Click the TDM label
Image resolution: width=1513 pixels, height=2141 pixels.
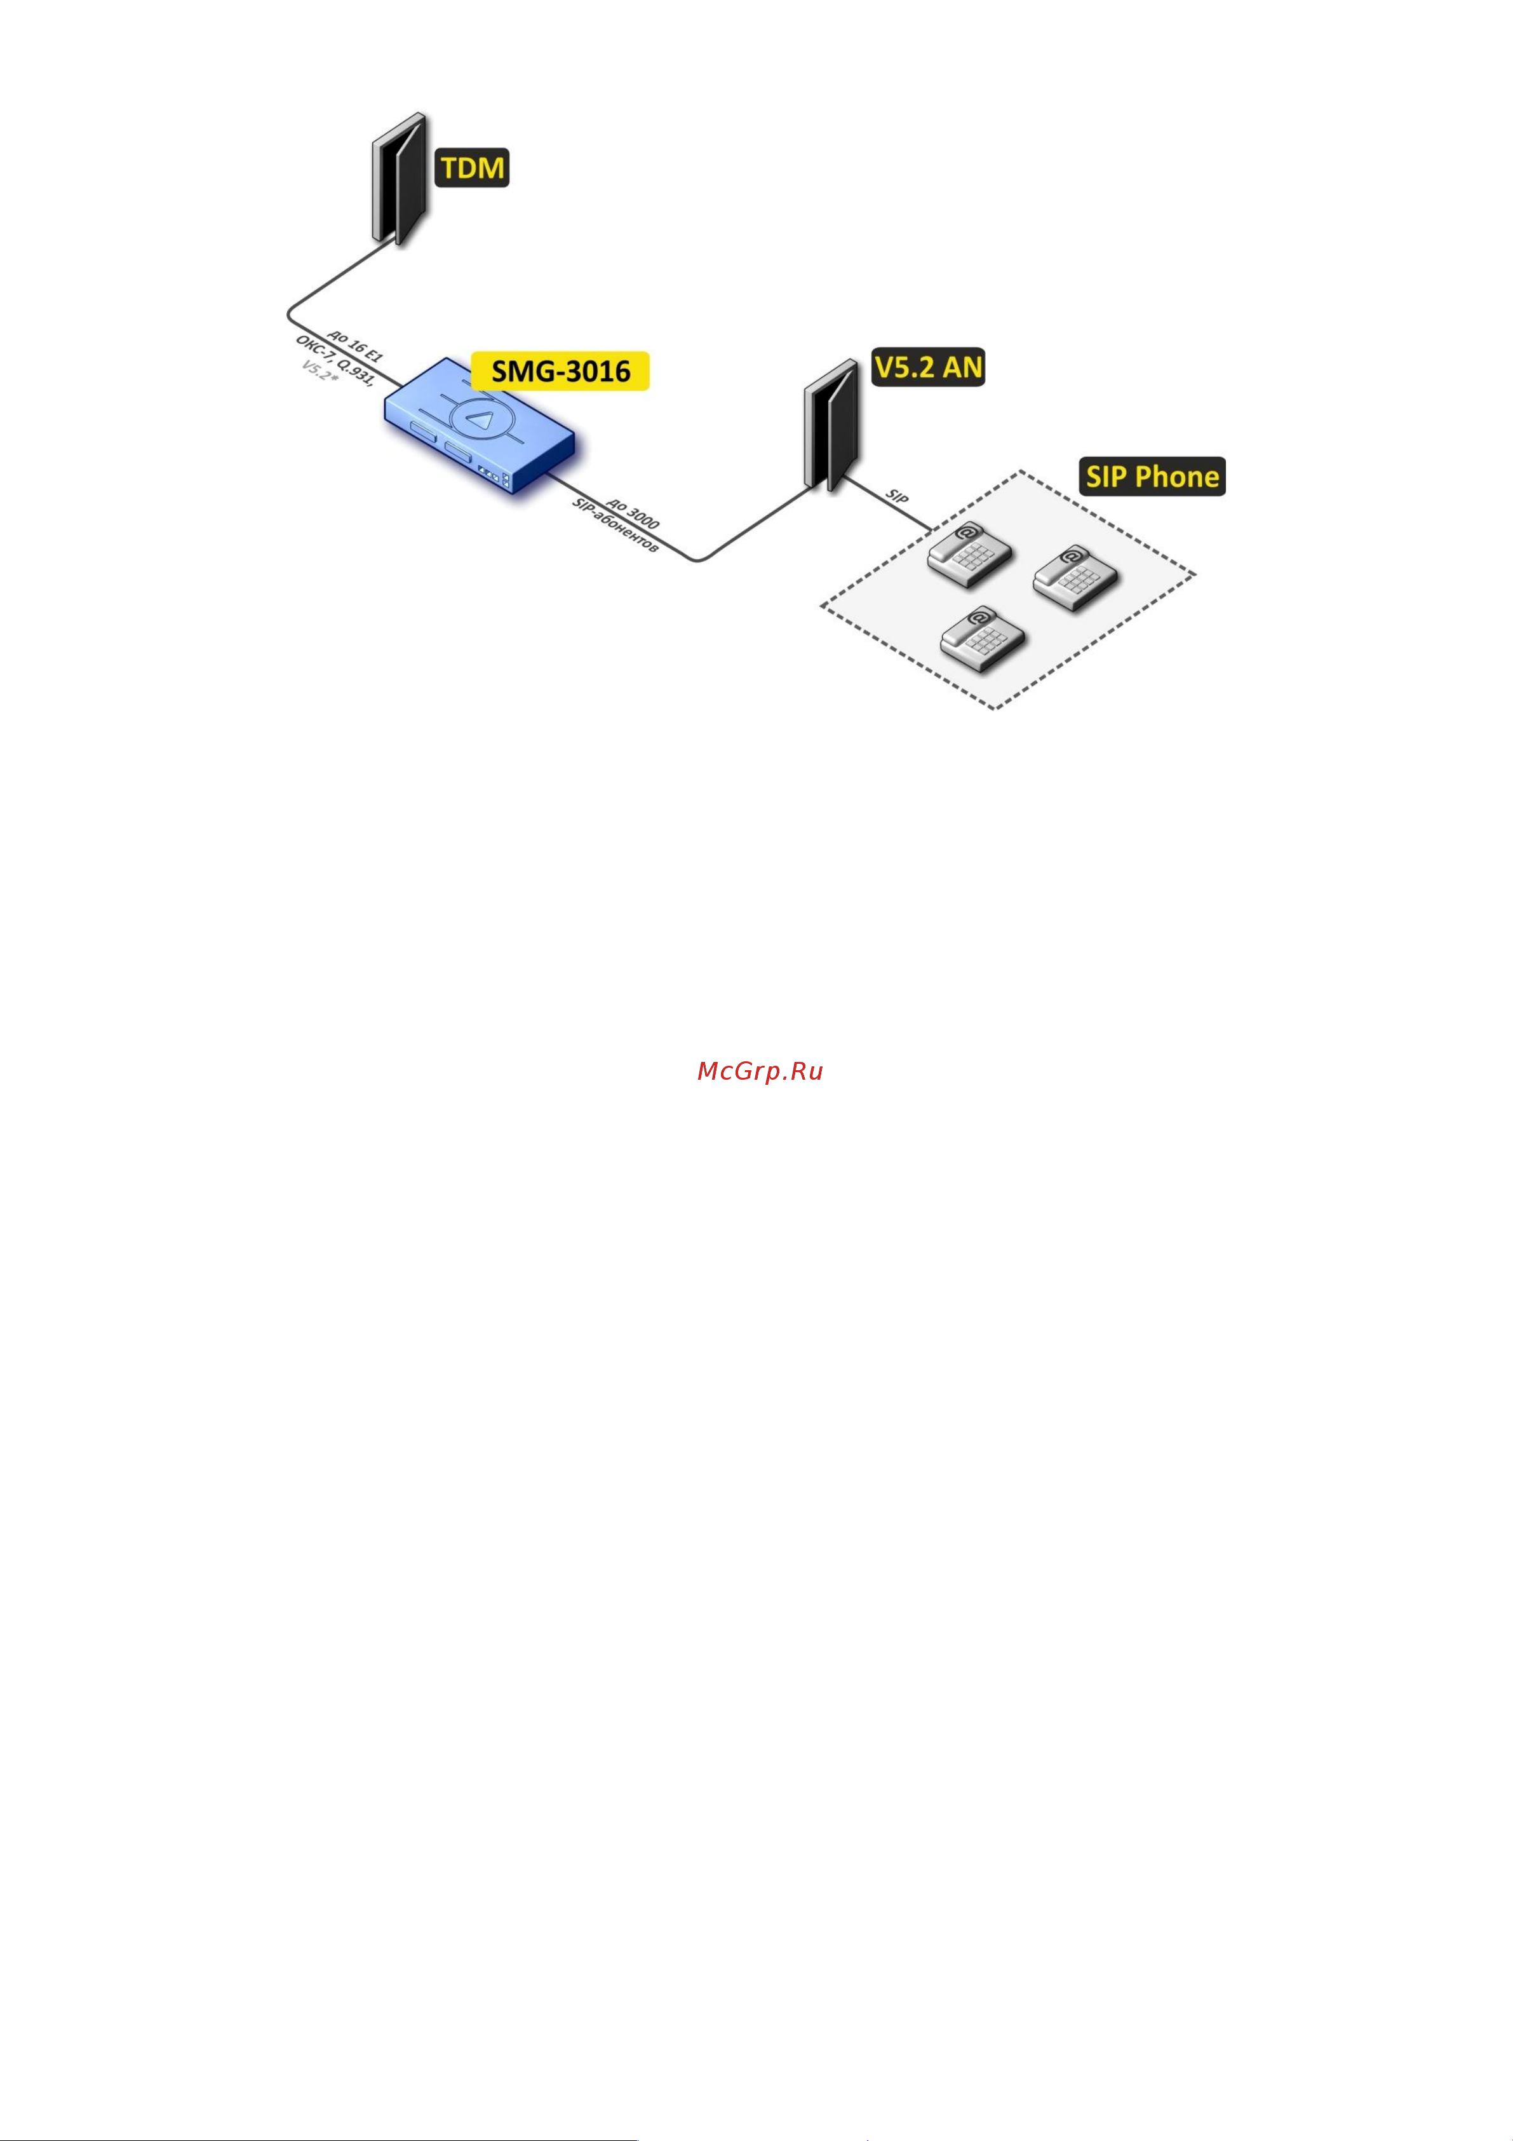[473, 168]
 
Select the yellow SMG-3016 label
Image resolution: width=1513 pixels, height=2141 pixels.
[560, 371]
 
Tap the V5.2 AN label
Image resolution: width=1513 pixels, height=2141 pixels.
[929, 367]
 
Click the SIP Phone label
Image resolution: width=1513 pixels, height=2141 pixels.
[1152, 477]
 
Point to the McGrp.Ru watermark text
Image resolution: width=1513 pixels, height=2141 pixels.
[760, 1071]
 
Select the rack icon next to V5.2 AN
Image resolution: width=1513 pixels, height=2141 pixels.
[831, 425]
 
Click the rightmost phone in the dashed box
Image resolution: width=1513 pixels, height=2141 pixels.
[1076, 578]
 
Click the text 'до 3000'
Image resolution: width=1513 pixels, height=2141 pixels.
[633, 512]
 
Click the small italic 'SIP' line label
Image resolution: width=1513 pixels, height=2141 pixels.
[897, 496]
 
